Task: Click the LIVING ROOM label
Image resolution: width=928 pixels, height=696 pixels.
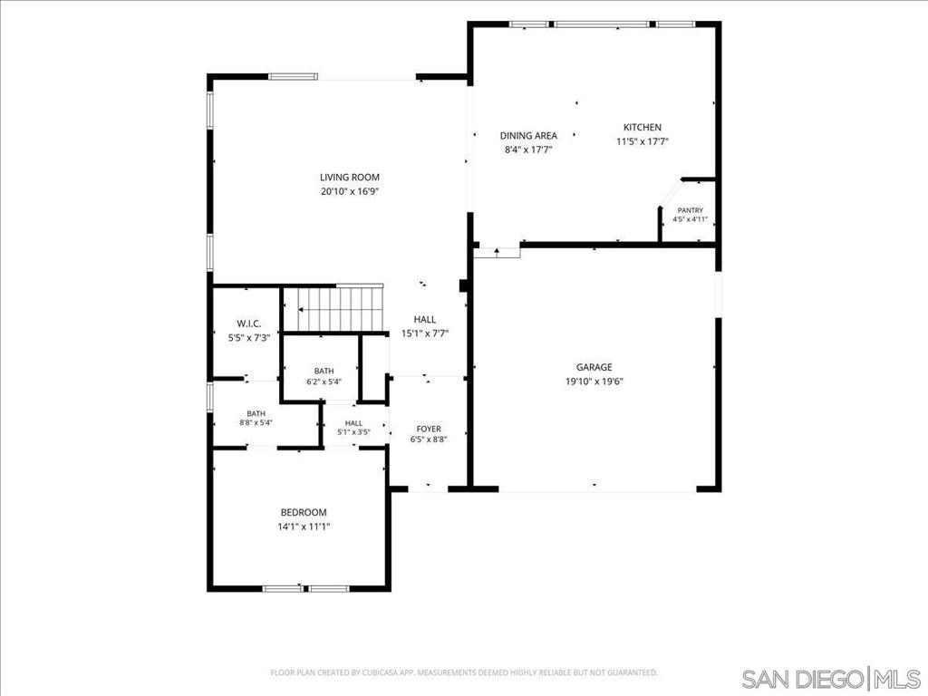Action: click(x=350, y=178)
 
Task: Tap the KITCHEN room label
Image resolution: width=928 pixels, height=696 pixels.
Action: click(x=643, y=127)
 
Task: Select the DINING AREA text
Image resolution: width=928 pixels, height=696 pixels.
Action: click(x=528, y=136)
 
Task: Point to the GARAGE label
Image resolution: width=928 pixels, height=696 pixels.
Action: click(x=594, y=368)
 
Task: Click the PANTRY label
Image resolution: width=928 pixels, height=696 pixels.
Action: click(x=690, y=210)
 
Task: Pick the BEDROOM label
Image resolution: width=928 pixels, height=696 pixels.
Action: click(x=304, y=513)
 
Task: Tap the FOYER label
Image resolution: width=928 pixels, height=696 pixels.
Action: click(x=429, y=429)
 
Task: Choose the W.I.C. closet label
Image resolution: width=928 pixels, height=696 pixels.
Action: click(x=249, y=324)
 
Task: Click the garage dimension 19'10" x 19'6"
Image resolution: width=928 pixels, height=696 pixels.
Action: click(x=594, y=382)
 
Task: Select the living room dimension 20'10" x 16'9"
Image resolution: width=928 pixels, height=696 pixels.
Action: click(x=350, y=192)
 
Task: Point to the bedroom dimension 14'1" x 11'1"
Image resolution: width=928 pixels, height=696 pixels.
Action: click(x=304, y=527)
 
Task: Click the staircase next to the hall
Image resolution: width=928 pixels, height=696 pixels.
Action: click(x=333, y=309)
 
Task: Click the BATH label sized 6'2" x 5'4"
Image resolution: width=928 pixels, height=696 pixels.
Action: click(x=324, y=371)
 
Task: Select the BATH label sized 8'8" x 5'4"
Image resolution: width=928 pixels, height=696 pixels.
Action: click(x=256, y=413)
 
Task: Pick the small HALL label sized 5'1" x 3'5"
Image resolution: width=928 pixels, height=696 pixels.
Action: click(x=354, y=423)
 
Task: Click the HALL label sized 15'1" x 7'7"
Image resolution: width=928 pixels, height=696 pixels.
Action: click(x=425, y=320)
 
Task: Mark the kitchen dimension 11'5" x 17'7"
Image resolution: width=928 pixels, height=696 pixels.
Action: click(x=643, y=141)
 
